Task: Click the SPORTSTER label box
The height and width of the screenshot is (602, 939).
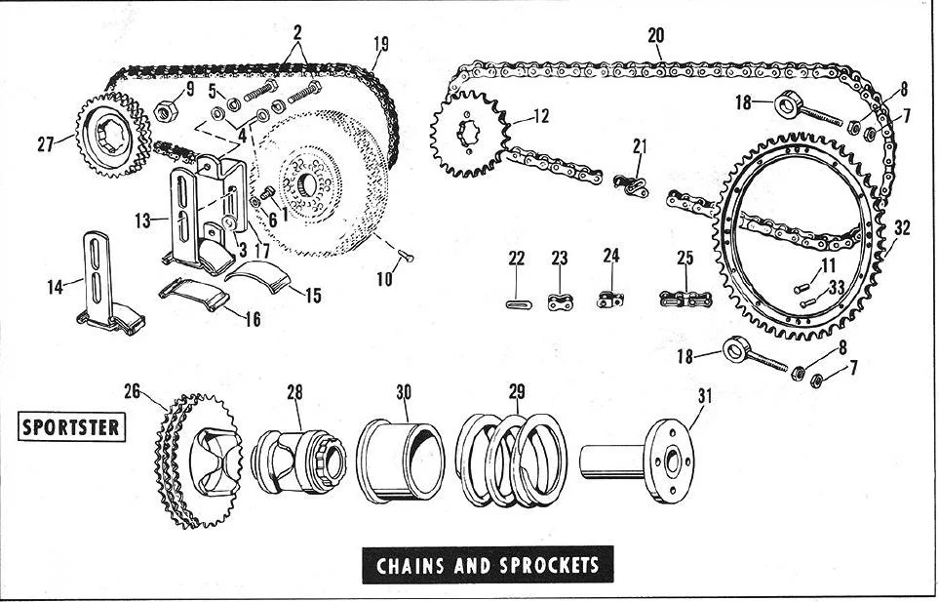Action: [x=72, y=427]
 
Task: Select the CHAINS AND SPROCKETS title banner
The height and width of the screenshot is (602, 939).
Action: [x=488, y=564]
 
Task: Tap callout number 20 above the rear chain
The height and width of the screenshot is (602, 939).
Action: [x=655, y=35]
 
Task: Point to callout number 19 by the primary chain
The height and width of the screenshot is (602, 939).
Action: [x=380, y=43]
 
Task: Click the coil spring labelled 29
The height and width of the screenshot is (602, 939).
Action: [x=512, y=459]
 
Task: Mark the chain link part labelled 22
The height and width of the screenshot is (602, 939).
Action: [x=517, y=303]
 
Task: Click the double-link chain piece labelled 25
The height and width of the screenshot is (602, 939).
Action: [x=686, y=299]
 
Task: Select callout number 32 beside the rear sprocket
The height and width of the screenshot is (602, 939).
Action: [x=902, y=228]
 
